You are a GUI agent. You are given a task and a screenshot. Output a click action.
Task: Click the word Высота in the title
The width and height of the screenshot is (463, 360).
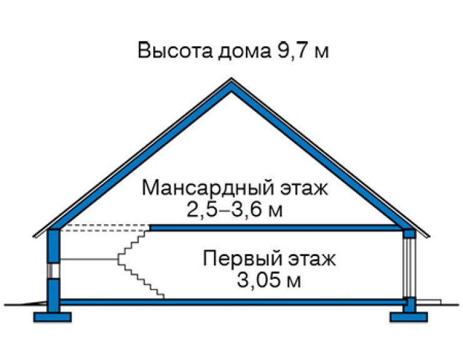click(x=175, y=51)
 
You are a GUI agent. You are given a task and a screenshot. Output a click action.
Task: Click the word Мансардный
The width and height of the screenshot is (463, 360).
click(x=208, y=188)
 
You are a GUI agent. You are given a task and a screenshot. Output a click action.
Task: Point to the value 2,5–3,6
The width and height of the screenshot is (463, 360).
click(x=225, y=210)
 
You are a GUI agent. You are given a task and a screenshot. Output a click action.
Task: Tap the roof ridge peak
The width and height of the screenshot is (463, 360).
click(x=232, y=79)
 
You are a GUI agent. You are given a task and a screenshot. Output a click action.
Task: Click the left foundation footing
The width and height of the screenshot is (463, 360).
click(x=53, y=317)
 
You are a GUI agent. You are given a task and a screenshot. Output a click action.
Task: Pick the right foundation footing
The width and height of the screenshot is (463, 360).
click(x=409, y=317)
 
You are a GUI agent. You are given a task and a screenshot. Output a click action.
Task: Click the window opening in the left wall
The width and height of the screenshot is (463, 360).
click(x=54, y=270)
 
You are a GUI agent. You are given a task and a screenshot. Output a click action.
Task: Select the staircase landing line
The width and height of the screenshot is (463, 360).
click(x=89, y=259)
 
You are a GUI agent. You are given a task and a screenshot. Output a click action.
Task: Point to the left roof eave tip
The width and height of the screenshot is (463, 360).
click(x=34, y=237)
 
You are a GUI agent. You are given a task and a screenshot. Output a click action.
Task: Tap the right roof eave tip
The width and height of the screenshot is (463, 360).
click(x=429, y=237)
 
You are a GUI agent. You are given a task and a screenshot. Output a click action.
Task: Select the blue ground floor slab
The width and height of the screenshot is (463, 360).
click(x=233, y=302)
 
